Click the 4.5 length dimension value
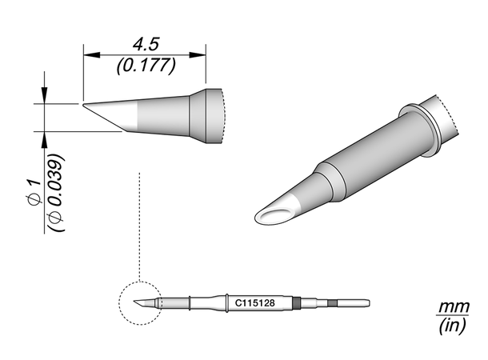[x=146, y=44]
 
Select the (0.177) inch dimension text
[x=146, y=66]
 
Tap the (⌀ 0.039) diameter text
[x=58, y=192]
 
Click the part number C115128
[x=254, y=302]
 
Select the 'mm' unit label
[x=454, y=307]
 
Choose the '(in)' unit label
[x=453, y=326]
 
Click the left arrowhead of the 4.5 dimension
[x=91, y=55]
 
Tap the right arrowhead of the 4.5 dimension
[x=198, y=55]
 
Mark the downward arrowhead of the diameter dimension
[x=45, y=95]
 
